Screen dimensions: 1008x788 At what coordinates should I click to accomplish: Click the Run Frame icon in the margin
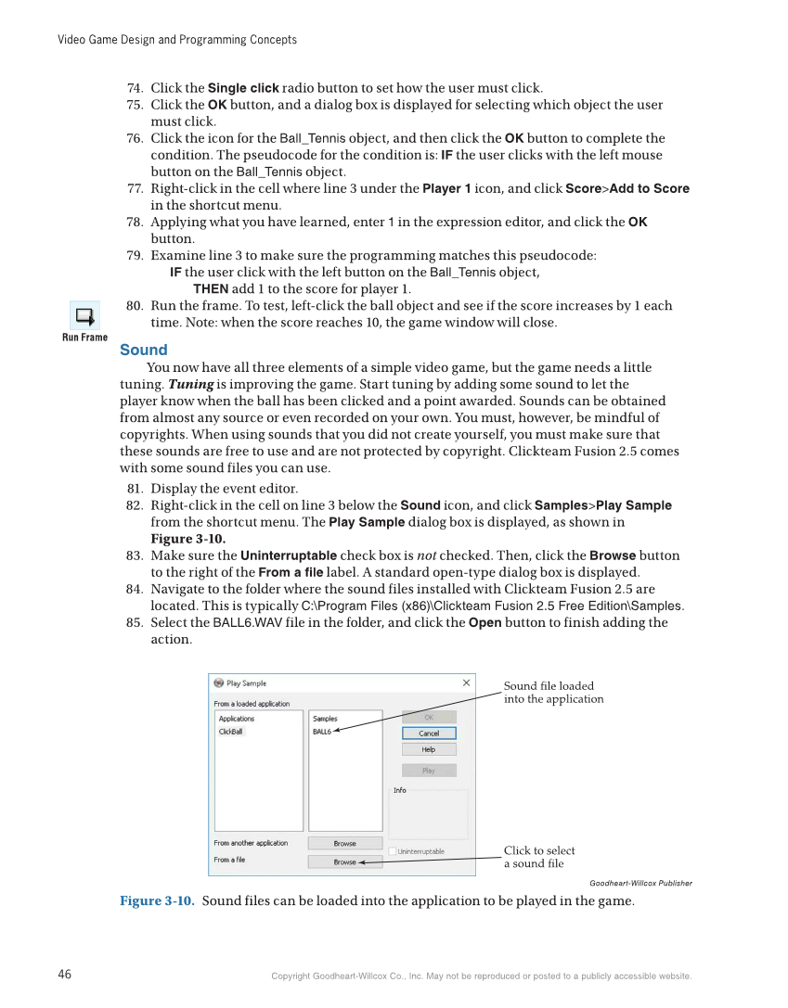[84, 316]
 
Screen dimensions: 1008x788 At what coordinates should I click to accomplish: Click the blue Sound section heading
[144, 350]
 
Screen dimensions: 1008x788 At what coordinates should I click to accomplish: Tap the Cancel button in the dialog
[429, 734]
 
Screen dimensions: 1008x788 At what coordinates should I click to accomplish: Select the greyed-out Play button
[429, 771]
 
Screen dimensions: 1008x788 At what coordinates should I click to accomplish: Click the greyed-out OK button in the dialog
[429, 717]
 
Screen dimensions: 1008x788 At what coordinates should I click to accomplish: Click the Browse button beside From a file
[345, 861]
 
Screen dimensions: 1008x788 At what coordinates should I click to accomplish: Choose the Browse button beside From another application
[345, 844]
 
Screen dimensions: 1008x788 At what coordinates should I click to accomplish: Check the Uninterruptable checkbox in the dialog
[394, 851]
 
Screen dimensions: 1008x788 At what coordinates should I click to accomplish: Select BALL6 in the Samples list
[322, 732]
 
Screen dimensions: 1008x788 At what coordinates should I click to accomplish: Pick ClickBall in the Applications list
[231, 732]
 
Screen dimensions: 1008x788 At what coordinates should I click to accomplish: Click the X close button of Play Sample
[466, 683]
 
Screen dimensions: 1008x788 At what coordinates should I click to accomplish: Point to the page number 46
[65, 975]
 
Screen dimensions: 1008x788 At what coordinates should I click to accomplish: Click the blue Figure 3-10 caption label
[157, 901]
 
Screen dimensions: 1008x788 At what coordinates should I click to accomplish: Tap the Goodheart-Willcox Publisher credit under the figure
[640, 883]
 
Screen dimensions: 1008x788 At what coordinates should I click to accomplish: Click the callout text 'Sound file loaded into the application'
[553, 693]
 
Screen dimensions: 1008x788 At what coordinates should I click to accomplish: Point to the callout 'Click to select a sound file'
[539, 857]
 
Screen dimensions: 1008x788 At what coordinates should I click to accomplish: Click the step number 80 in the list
[135, 306]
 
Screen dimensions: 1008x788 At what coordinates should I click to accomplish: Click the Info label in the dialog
[400, 790]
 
